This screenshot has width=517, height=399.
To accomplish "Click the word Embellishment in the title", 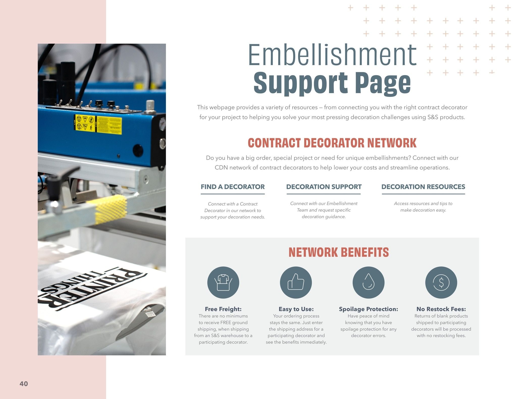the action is click(332, 55).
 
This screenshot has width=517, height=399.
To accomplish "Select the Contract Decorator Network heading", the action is click(332, 143).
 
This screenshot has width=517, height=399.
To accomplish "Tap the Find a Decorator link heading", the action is click(232, 187).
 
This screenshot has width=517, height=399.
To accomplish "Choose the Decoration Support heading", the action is click(324, 187).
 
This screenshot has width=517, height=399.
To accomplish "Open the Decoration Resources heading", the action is click(423, 187).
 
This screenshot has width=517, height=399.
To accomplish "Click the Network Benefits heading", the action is click(339, 252).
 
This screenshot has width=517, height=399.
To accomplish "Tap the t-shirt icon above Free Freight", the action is click(223, 282).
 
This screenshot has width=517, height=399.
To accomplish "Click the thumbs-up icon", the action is click(296, 282).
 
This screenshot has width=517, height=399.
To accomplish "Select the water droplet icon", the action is click(369, 282).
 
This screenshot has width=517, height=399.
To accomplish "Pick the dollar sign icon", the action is click(441, 282).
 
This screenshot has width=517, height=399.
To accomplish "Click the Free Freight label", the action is click(223, 309).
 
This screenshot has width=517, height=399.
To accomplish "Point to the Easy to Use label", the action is click(296, 309).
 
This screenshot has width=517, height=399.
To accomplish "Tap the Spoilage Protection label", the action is click(369, 309).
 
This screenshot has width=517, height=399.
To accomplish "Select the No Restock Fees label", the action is click(441, 309).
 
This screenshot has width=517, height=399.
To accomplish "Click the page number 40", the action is click(24, 384).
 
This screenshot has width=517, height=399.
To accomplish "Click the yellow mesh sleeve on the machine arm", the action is click(110, 209).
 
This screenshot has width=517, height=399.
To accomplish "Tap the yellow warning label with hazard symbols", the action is click(98, 124).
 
